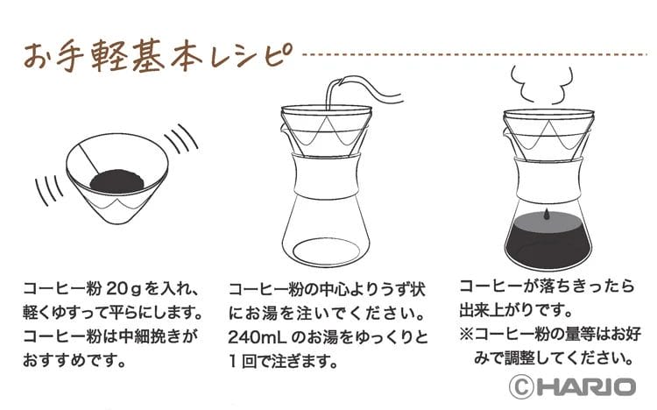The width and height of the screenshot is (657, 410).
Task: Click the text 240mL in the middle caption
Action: point(251,336)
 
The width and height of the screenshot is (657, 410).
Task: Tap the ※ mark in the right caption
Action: point(469,334)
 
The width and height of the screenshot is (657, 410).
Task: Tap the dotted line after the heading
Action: point(473,53)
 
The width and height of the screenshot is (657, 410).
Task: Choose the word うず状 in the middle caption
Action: point(406,288)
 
